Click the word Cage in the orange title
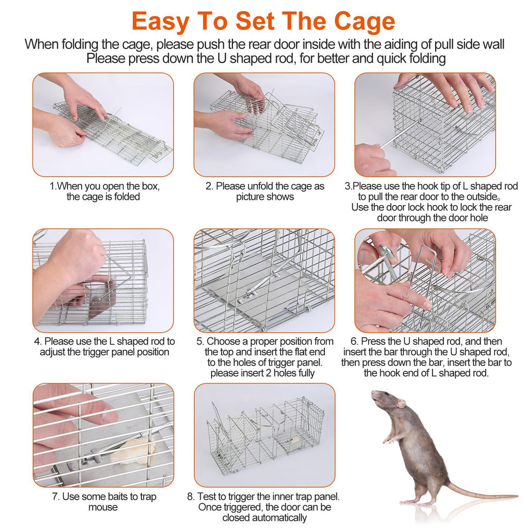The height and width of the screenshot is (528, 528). [365, 21]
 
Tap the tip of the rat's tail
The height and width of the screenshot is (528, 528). [516, 497]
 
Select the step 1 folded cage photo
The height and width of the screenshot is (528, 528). [103, 124]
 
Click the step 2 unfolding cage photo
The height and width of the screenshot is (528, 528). [264, 124]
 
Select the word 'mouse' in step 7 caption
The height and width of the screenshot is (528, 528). [103, 507]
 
